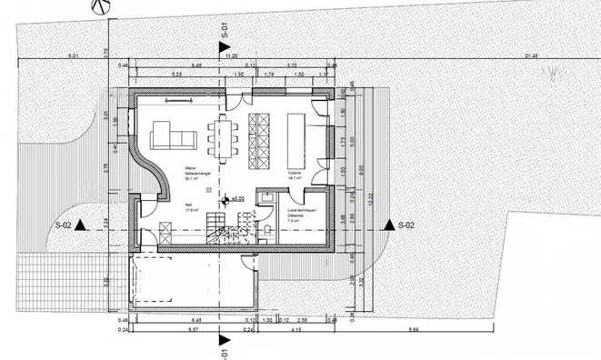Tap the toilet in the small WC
[x=270, y=226]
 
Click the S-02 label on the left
[x=64, y=225]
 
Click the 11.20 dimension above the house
[x=219, y=56]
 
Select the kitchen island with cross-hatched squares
[x=257, y=140]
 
